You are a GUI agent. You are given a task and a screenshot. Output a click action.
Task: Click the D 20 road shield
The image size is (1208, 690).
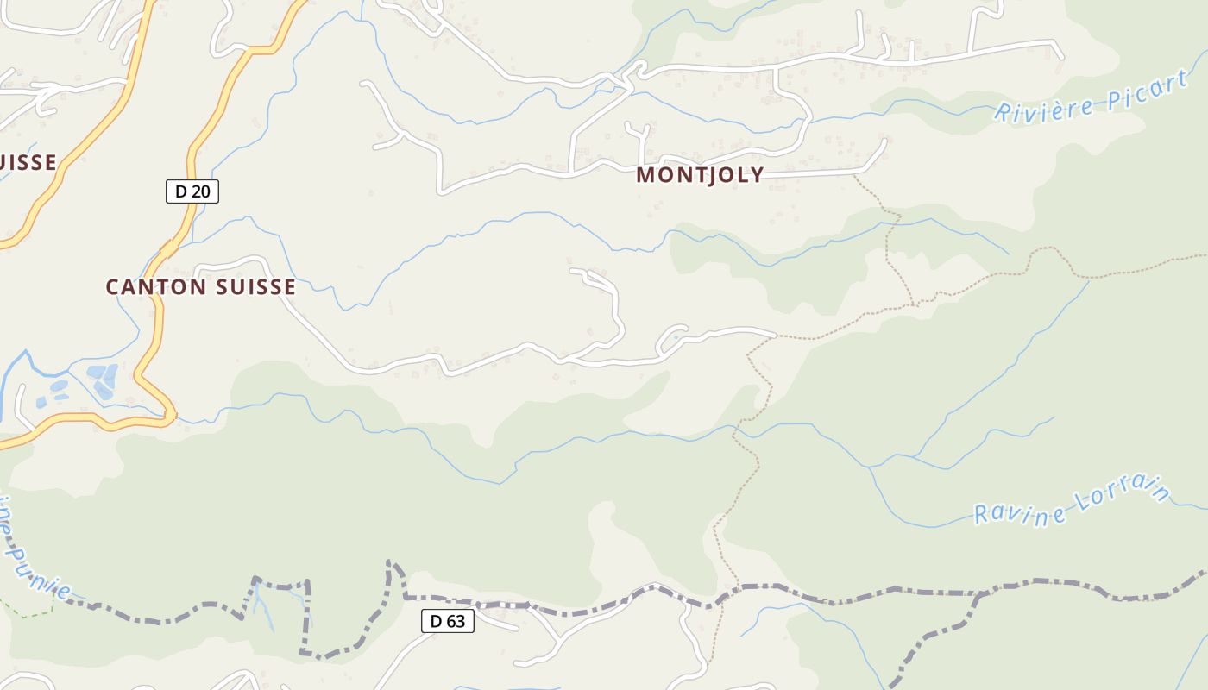[192, 191]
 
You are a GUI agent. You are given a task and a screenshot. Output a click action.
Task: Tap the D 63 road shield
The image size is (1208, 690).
[448, 621]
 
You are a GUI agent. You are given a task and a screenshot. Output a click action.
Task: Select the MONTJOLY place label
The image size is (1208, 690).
[700, 175]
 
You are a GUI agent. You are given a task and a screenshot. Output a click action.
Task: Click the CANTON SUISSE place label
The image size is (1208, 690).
[200, 287]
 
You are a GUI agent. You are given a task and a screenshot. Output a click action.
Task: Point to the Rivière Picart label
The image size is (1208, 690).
[1090, 97]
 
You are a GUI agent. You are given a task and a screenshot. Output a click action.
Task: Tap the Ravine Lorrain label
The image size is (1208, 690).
[1073, 502]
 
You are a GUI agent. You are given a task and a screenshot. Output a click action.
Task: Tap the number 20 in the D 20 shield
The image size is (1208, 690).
[200, 191]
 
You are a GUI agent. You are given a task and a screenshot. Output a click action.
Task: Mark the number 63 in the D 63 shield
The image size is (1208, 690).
[456, 621]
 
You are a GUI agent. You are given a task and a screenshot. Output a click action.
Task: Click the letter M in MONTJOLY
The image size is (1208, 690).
[645, 175]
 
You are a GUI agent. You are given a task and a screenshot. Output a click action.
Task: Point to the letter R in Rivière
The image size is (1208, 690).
[1004, 113]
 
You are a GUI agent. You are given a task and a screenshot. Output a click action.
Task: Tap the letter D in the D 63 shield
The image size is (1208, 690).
[435, 621]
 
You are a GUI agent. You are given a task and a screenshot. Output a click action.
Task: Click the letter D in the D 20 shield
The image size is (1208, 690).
[180, 191]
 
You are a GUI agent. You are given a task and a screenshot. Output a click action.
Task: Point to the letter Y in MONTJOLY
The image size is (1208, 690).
[756, 175]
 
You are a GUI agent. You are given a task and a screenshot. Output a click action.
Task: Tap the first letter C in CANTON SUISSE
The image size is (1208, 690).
[112, 287]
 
